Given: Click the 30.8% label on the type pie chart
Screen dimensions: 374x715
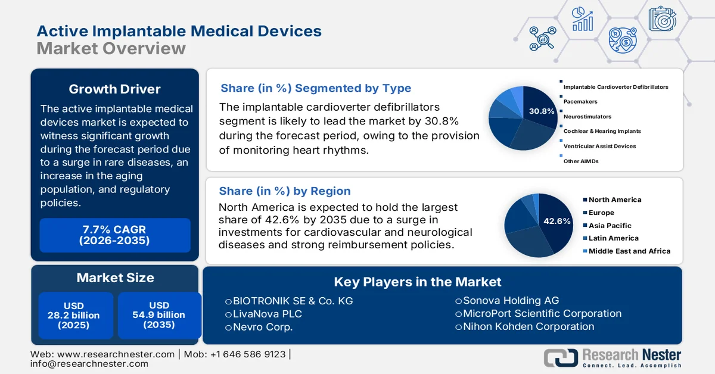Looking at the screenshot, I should point(541,111).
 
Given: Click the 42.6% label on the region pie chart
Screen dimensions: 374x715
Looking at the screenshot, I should point(557,222).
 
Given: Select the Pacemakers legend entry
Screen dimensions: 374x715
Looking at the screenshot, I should point(580,102).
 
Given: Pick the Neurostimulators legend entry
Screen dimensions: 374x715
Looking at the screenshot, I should point(587,117).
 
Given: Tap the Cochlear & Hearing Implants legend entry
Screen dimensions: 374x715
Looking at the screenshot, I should point(602,131).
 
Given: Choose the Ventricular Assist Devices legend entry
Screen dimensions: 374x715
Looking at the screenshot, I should point(599,146).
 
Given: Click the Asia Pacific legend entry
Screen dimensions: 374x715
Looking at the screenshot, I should point(610,226).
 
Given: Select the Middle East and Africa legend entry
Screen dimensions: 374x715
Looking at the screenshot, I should point(629,251).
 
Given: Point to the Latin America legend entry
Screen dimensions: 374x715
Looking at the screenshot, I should point(613,238).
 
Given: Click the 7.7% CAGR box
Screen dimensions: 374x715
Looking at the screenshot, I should point(114,235).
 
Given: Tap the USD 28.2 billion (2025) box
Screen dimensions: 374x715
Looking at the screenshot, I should point(74,315).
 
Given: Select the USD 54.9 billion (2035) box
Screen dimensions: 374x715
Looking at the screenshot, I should point(158,315).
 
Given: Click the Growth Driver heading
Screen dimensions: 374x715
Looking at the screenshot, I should point(114,89).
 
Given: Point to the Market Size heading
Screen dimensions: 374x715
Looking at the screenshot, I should point(114,278).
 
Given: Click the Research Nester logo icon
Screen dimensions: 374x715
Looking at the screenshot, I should point(560,357).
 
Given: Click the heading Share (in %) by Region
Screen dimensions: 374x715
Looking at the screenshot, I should point(285,191).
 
